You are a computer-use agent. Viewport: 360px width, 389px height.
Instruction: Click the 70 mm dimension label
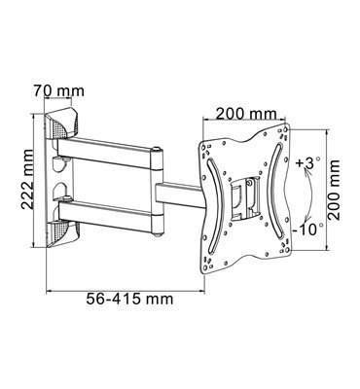[x=58, y=90]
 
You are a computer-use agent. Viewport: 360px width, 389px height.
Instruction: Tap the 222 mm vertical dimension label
[x=27, y=179]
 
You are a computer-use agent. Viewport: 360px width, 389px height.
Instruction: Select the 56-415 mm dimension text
[x=129, y=299]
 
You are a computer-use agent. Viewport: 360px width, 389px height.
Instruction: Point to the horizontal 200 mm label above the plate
[x=246, y=114]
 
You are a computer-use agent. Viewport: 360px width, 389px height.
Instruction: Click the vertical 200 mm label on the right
[x=333, y=191]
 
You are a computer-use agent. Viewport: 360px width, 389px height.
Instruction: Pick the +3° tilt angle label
[x=307, y=163]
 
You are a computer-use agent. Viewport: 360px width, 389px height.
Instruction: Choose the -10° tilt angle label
[x=306, y=230]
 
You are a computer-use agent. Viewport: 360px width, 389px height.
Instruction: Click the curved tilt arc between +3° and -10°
[x=309, y=195]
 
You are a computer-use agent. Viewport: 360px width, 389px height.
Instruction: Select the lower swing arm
[x=105, y=216]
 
